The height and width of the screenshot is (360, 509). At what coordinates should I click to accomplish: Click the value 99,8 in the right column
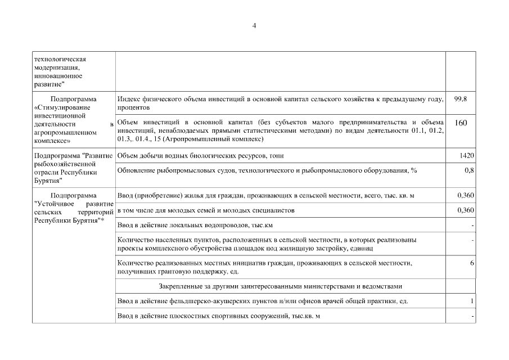(460, 99)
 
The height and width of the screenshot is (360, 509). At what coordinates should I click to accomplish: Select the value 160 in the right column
(461, 123)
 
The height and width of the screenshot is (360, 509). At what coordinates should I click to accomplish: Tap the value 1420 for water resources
(466, 155)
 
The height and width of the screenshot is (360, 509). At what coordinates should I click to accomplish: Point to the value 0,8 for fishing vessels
(470, 170)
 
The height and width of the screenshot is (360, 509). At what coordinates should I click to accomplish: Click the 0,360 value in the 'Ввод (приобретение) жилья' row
(465, 195)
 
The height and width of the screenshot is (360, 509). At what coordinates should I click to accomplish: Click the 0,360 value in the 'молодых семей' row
(465, 210)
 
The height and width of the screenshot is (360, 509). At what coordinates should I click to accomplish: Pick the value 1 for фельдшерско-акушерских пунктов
(472, 301)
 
